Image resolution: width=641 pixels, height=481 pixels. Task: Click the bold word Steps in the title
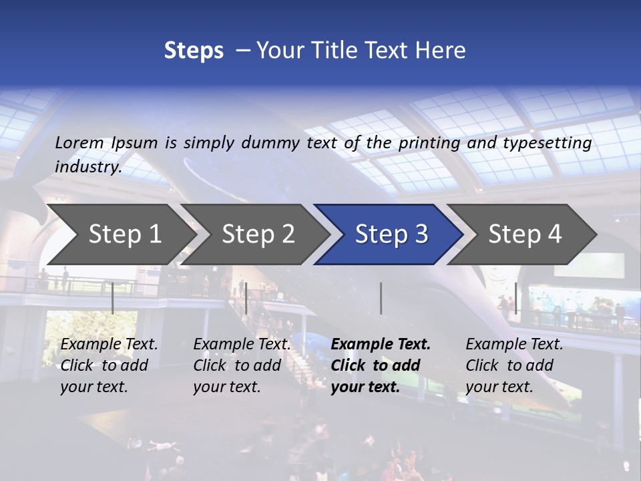click(194, 50)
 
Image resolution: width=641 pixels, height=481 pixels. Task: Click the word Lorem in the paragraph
click(79, 142)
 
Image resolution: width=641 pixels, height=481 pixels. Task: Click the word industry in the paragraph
click(88, 166)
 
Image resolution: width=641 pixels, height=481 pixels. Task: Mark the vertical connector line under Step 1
click(113, 298)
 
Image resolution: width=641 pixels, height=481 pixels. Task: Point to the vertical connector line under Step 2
click(246, 298)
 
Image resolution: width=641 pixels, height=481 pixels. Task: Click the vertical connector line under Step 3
click(381, 298)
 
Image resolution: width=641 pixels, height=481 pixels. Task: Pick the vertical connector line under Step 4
click(515, 298)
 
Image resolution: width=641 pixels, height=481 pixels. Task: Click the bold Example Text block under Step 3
click(380, 365)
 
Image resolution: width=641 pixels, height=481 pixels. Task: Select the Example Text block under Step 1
click(109, 365)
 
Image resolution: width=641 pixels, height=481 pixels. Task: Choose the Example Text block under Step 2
click(242, 365)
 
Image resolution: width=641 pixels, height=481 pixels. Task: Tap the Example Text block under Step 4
click(514, 365)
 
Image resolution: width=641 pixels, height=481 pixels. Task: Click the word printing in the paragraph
click(428, 142)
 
